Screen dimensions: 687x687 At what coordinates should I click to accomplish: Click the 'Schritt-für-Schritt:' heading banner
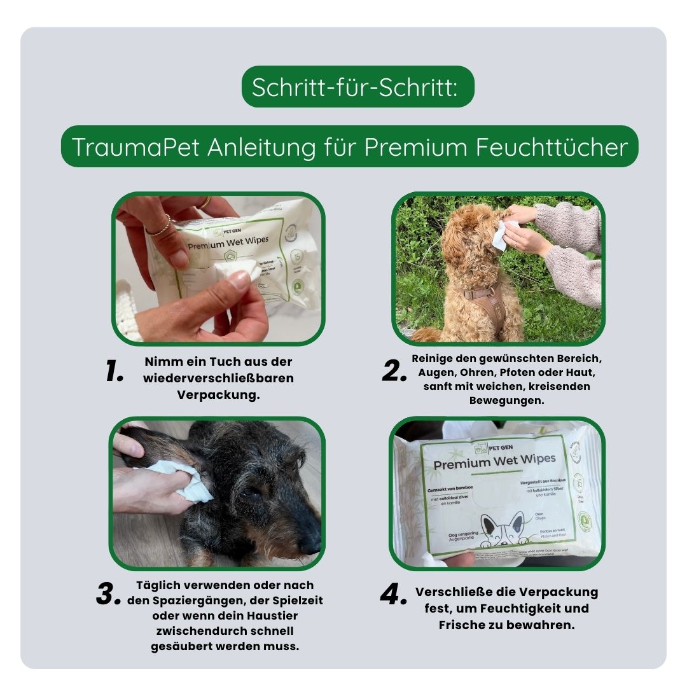tap(357, 87)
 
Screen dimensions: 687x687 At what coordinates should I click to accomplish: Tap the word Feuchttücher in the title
tap(551, 147)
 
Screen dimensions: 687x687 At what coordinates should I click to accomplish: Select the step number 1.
tap(114, 373)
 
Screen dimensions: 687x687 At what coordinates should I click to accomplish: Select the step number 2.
tap(394, 372)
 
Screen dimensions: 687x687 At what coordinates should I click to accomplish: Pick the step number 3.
tap(108, 595)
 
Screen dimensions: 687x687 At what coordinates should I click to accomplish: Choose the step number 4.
tap(393, 595)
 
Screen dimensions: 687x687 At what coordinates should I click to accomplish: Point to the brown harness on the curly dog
tap(490, 305)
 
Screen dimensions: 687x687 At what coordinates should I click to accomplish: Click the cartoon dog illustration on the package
tap(503, 528)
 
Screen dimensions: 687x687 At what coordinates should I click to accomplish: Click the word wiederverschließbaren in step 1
tap(218, 378)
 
